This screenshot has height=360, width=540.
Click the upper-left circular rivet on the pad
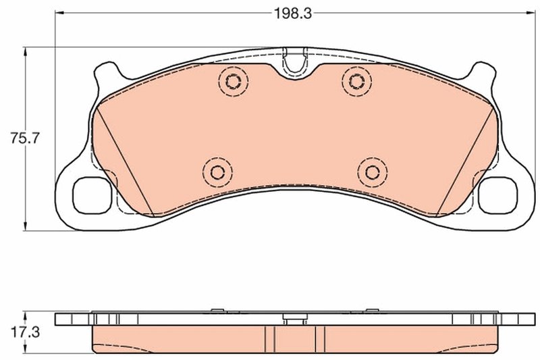click(234, 82)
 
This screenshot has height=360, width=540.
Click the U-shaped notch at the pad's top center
click(294, 61)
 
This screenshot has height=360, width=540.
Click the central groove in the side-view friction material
click(294, 338)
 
